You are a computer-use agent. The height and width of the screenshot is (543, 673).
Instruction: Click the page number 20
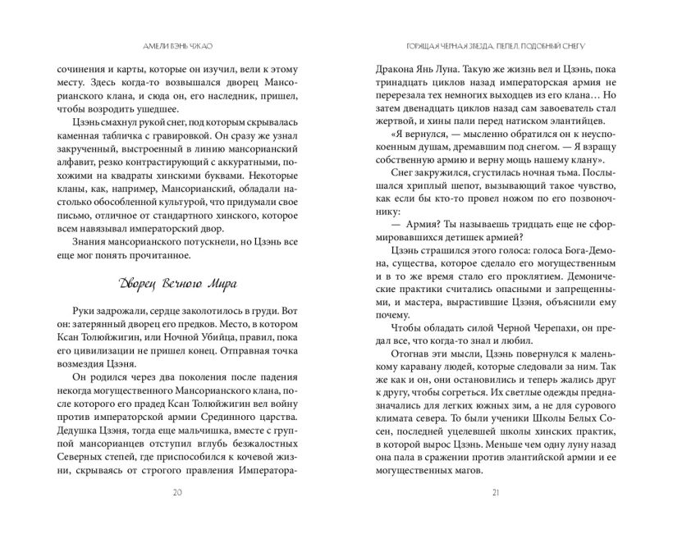(x=178, y=493)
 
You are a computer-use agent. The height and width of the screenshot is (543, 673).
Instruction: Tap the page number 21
(x=494, y=493)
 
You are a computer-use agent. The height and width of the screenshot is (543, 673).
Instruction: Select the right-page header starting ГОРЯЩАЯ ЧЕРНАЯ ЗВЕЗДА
(x=494, y=47)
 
